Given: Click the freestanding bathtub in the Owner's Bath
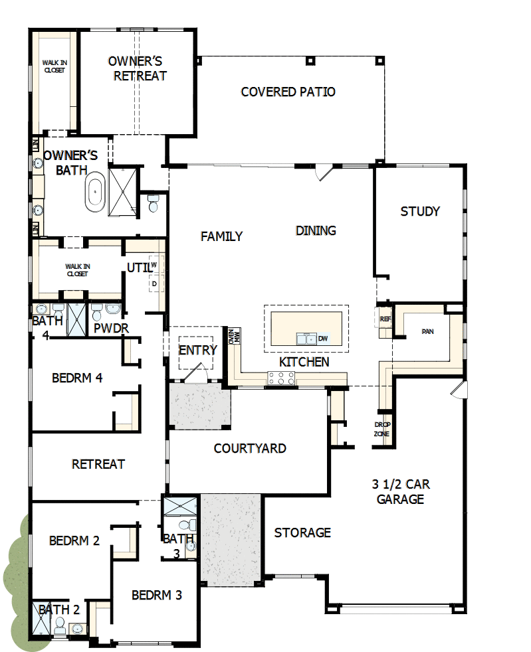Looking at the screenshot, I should tap(96, 193).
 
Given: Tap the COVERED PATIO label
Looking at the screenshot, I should tap(288, 92).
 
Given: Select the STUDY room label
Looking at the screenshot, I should tap(420, 212).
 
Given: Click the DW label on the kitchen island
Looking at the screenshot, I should tap(323, 339).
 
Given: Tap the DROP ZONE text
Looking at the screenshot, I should tap(382, 429).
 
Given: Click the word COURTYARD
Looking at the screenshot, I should tap(250, 449).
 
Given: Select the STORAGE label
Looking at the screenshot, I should tap(302, 532).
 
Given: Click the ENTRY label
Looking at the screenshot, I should tap(197, 350).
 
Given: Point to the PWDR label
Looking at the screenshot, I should tap(111, 328).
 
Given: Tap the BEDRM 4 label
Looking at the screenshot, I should tap(76, 378).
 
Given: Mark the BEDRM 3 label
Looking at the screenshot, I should tap(156, 595).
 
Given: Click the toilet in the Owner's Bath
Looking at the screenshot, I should tap(154, 203).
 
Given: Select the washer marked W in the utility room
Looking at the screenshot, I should tap(154, 264).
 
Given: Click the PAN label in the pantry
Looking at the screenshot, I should tap(427, 331).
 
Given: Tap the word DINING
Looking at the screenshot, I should tap(316, 231).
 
